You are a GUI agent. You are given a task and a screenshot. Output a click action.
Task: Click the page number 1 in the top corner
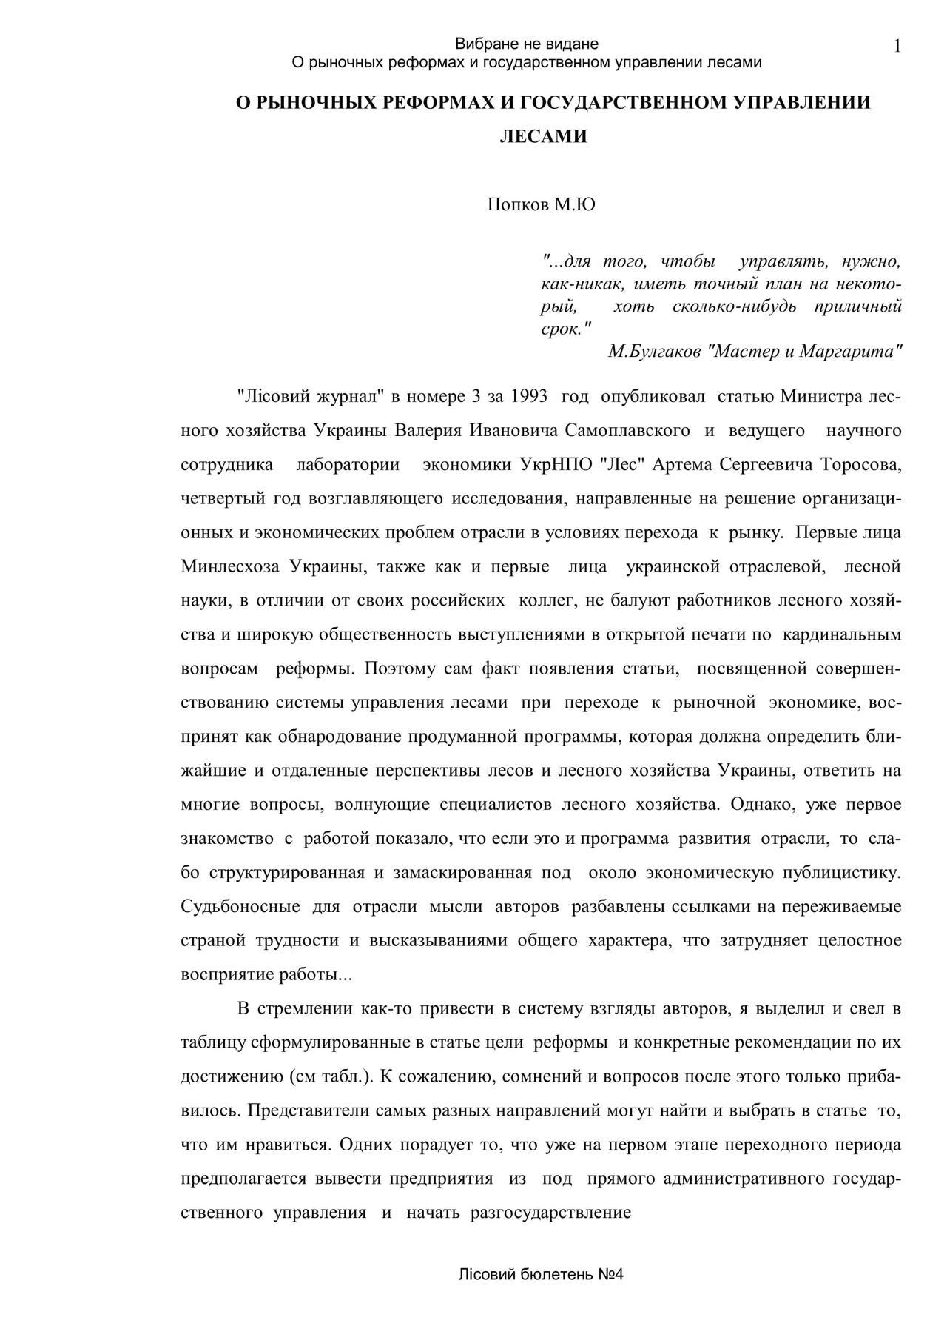[897, 47]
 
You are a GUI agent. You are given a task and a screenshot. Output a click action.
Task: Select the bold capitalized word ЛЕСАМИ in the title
[544, 137]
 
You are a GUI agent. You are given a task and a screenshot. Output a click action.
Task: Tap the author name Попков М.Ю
[541, 204]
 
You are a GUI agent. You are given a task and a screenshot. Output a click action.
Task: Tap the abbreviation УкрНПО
[556, 464]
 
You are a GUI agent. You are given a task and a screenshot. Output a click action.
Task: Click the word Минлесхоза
[230, 566]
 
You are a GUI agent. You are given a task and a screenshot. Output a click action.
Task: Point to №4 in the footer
[611, 1275]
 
